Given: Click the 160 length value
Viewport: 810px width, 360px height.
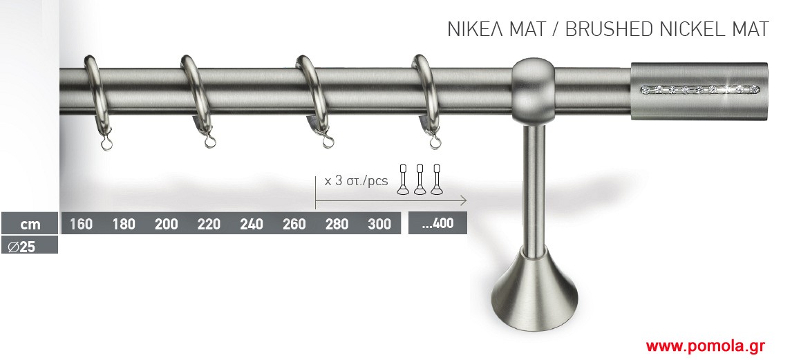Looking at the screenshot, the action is tap(81, 224).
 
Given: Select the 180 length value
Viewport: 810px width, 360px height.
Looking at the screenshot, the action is tap(124, 224).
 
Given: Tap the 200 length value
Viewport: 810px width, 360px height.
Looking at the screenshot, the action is tap(167, 224).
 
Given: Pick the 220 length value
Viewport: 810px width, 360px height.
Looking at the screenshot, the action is tap(209, 224).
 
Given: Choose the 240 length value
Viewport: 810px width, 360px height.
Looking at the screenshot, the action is tap(252, 224).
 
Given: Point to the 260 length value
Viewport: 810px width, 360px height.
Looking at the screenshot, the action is tap(294, 224).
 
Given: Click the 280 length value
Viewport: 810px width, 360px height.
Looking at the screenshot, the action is tap(337, 224).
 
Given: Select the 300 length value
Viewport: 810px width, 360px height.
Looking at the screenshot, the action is tap(379, 224).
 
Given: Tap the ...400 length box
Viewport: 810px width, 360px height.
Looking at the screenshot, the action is tap(438, 223).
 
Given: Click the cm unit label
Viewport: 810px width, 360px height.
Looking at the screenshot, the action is tap(30, 225).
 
